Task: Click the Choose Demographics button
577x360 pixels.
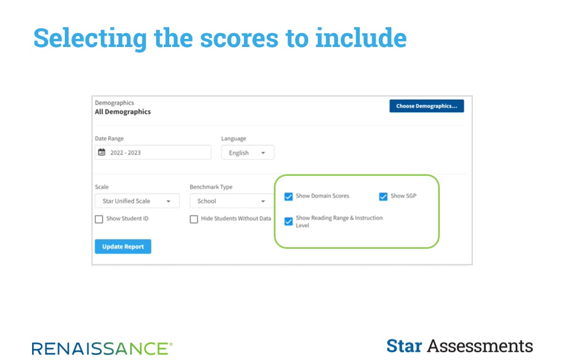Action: click(427, 106)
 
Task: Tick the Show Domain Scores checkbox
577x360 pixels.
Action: click(289, 196)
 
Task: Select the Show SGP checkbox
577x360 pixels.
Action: click(383, 196)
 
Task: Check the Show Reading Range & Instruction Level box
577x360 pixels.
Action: click(289, 221)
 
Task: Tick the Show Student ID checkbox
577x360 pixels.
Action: click(99, 219)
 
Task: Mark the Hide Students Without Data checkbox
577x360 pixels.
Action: click(194, 219)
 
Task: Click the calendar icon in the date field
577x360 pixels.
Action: click(102, 152)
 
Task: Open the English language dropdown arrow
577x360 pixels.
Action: click(263, 153)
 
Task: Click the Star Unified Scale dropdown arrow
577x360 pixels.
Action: click(168, 201)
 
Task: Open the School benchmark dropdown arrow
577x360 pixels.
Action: click(263, 201)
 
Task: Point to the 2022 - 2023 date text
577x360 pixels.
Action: click(126, 153)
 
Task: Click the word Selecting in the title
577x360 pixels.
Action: click(90, 38)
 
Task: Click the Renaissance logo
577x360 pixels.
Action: click(102, 348)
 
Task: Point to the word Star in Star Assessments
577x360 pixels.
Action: click(404, 346)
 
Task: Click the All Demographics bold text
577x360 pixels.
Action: click(123, 112)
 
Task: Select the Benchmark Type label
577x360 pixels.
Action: click(211, 187)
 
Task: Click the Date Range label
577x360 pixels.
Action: click(110, 139)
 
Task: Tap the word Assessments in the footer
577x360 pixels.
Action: click(480, 346)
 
